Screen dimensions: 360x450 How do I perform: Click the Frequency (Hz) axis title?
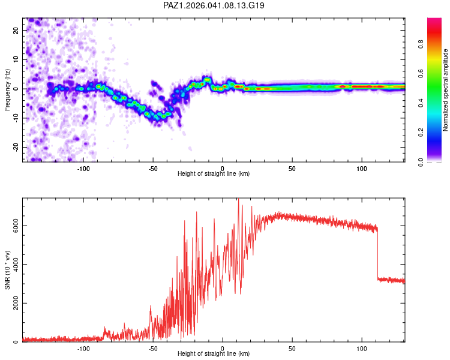(x=7, y=89)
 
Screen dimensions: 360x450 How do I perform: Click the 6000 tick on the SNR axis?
(x=12, y=226)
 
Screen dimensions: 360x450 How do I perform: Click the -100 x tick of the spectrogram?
(x=83, y=169)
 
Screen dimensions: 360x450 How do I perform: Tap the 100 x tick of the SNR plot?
(x=362, y=349)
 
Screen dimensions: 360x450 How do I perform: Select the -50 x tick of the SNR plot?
(x=153, y=349)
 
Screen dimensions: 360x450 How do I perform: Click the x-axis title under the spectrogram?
(x=214, y=174)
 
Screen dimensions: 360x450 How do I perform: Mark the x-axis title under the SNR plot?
(x=214, y=354)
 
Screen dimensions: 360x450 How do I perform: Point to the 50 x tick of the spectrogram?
(x=292, y=169)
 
